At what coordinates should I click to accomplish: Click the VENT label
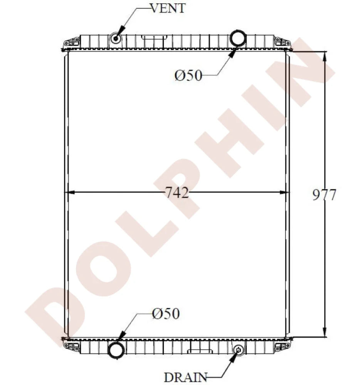coord(167,8)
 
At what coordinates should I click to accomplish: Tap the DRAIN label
coord(186,377)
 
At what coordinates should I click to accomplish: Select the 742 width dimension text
coord(178,192)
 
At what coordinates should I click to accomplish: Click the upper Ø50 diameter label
coord(188,76)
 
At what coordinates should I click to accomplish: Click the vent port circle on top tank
coord(116,39)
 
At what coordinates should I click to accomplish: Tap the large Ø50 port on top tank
coord(238,38)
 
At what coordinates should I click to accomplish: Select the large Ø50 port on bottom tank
coord(116,350)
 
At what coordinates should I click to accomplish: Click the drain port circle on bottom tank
coord(239,350)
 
